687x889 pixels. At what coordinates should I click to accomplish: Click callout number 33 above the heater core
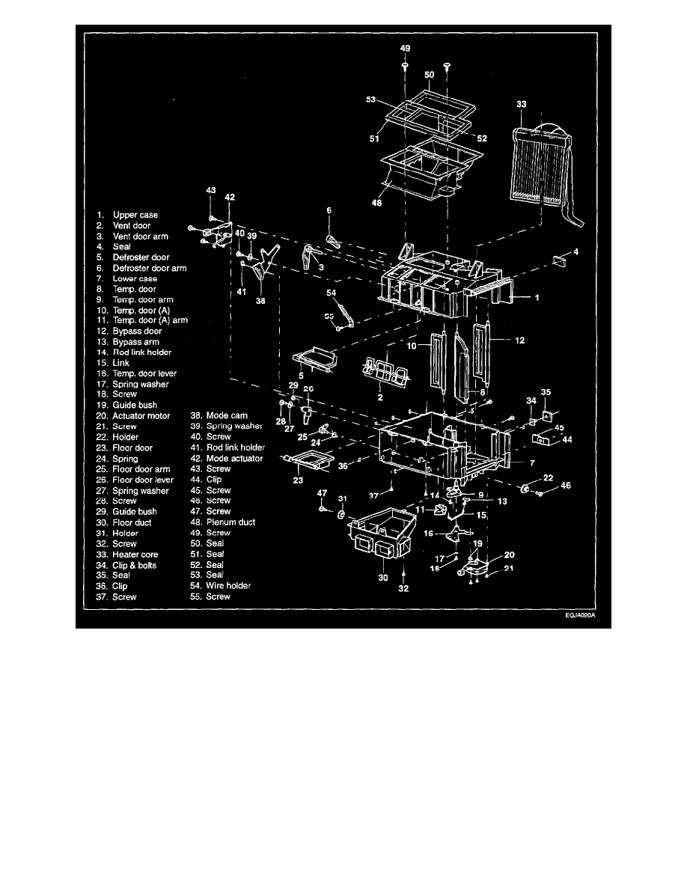coord(522,106)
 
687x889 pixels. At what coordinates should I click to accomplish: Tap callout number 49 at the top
coord(405,47)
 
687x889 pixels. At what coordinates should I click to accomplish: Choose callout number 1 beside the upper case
coord(537,297)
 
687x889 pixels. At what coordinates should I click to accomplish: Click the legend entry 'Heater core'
coord(136,555)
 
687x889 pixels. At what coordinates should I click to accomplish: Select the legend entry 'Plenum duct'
coord(230,522)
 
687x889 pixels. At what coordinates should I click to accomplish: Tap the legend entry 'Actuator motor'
coord(141,416)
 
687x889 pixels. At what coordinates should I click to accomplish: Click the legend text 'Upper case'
coord(135,216)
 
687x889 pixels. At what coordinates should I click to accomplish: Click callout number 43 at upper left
coord(210,192)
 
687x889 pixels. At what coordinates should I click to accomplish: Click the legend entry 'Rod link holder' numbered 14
coord(141,352)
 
